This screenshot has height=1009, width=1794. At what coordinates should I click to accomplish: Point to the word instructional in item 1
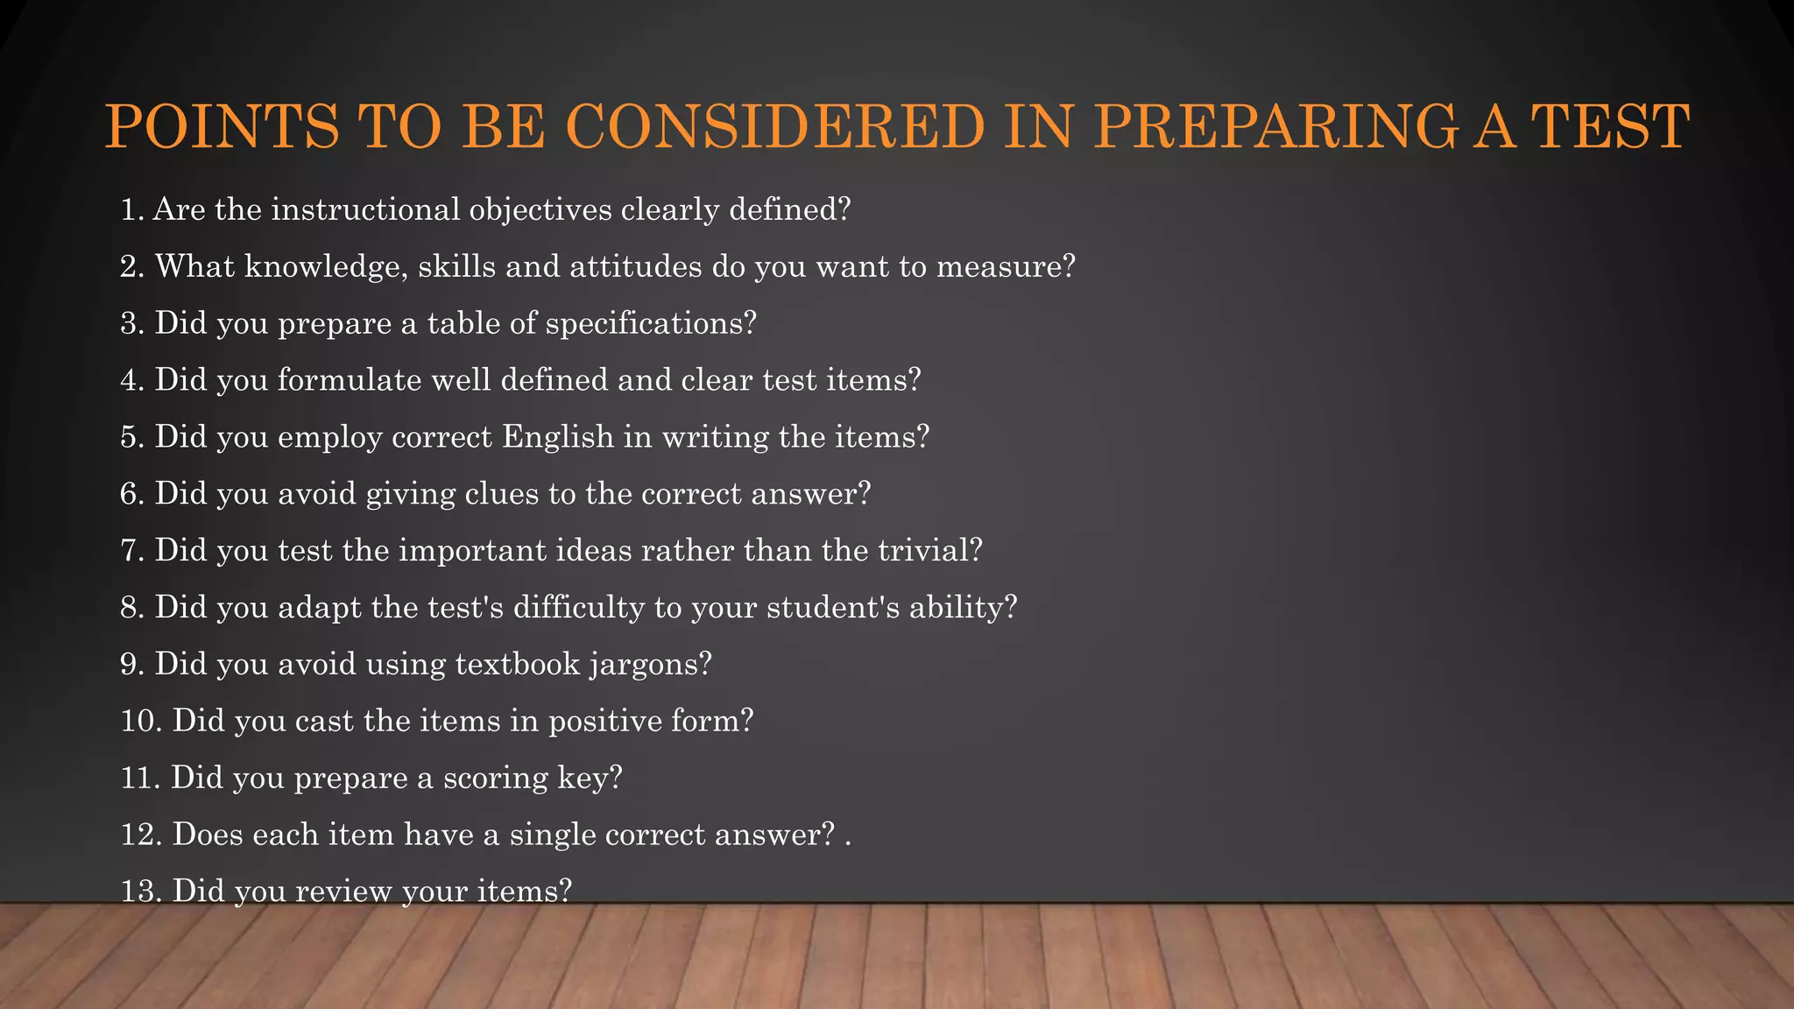pos(365,209)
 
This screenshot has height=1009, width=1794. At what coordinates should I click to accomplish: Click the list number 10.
pos(140,721)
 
